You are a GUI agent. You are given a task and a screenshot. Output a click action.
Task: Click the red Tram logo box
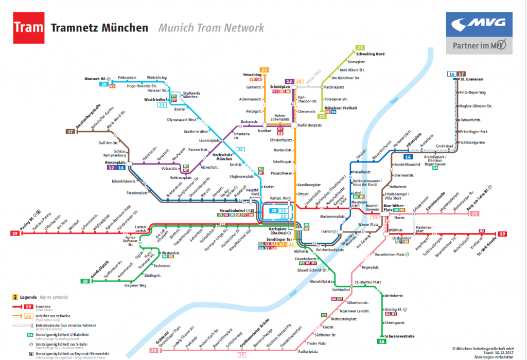28,27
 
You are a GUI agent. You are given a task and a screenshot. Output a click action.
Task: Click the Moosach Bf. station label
96,78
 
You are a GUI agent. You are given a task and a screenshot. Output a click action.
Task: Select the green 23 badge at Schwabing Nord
360,47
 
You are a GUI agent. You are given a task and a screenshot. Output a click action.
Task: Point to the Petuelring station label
252,75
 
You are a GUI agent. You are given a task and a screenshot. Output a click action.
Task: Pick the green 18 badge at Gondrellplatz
85,281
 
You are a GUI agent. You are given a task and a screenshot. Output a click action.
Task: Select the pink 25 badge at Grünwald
153,350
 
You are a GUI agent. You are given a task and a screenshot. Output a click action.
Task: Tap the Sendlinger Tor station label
282,240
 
